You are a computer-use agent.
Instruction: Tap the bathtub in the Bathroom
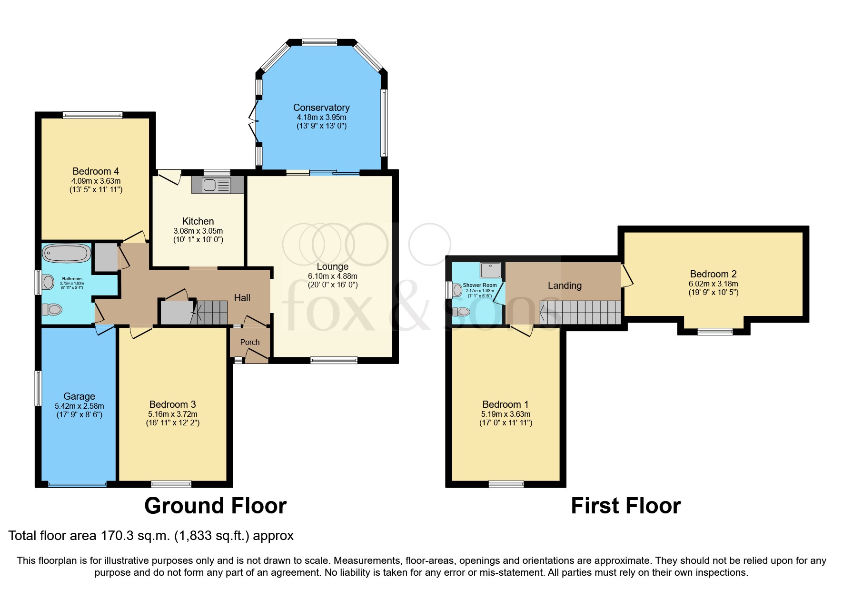[x=66, y=253]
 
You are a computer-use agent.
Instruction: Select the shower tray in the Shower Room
[x=490, y=270]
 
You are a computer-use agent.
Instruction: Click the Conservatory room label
[x=321, y=108]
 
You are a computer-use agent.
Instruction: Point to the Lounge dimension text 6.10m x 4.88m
[x=332, y=276]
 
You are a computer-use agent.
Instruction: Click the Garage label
[x=79, y=396]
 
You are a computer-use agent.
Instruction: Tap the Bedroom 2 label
[x=713, y=274]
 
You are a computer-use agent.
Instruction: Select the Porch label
[x=250, y=342]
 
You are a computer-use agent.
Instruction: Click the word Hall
[x=242, y=298]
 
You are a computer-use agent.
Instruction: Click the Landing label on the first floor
[x=565, y=285]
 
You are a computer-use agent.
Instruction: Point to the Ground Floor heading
[x=215, y=506]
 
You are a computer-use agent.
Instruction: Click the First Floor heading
[x=625, y=506]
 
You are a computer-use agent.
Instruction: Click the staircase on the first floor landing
[x=581, y=312]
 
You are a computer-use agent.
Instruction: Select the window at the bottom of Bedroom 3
[x=171, y=484]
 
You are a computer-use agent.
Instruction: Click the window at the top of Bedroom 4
[x=92, y=115]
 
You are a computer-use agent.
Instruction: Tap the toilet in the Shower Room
[x=461, y=312]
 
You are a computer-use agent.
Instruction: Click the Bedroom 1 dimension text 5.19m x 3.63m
[x=506, y=414]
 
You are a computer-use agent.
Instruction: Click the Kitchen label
[x=198, y=221]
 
